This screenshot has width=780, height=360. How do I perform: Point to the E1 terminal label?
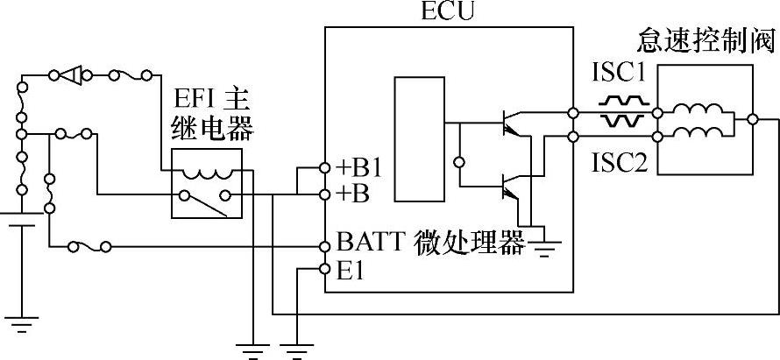coord(350,271)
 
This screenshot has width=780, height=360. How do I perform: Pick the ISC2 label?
coord(620,164)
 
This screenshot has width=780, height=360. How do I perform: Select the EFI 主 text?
coord(210,98)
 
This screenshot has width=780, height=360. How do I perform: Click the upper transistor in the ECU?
coord(507,122)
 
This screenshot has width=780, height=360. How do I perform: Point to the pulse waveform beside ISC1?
coord(625,111)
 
